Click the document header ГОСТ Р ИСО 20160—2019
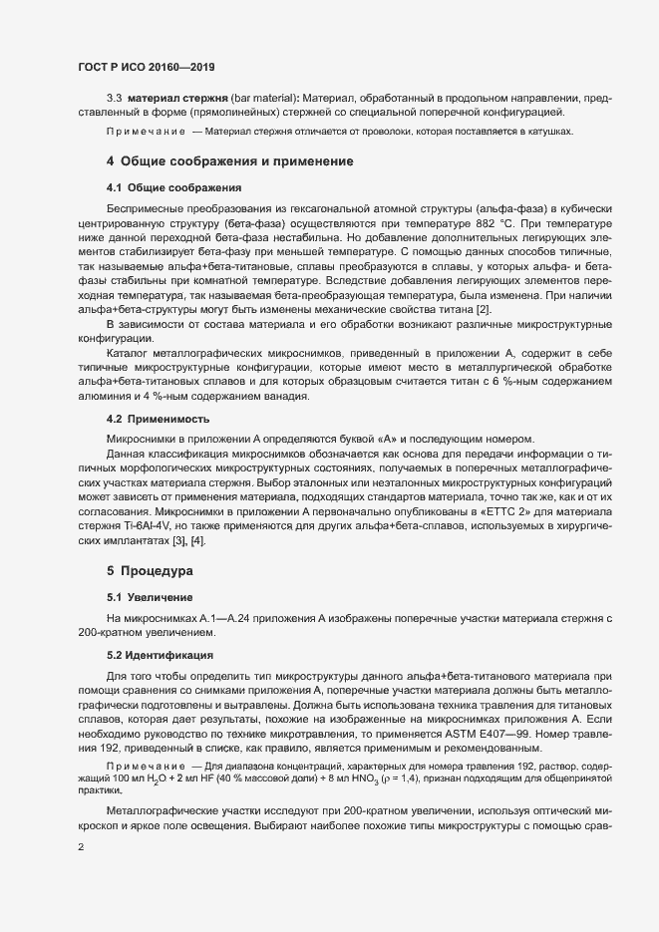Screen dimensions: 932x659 [146, 67]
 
